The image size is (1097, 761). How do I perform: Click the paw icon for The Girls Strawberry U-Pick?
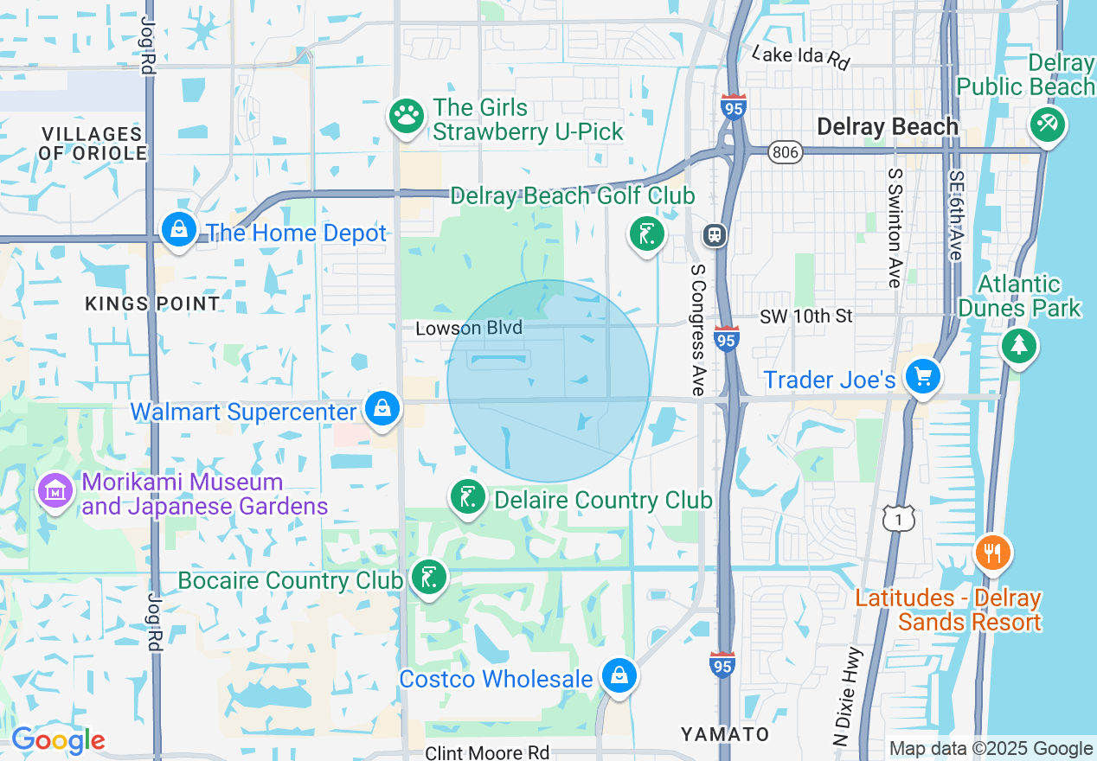(x=406, y=116)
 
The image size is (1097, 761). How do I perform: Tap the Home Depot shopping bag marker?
(x=178, y=230)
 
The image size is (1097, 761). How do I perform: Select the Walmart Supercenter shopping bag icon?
(x=382, y=407)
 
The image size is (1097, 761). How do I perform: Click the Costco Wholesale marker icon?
(x=619, y=675)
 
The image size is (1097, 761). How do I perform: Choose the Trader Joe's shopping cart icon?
(x=922, y=377)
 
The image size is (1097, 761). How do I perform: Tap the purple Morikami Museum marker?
(x=55, y=491)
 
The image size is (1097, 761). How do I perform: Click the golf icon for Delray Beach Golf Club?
(x=646, y=233)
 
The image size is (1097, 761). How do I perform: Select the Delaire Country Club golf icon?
(x=468, y=497)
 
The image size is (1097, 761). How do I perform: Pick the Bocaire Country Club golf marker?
(x=428, y=576)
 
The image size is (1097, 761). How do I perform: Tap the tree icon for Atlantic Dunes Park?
(x=1019, y=346)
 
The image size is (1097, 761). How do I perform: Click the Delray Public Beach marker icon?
(x=1047, y=125)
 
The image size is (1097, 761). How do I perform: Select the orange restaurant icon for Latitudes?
(x=992, y=552)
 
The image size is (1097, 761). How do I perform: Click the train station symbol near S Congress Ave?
(x=715, y=235)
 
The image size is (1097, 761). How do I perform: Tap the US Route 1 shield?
(x=898, y=518)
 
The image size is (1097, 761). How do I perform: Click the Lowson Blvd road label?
(x=469, y=329)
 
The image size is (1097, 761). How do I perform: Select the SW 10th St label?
(x=806, y=317)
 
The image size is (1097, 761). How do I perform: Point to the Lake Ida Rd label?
(x=801, y=57)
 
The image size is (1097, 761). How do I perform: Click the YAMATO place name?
(x=725, y=734)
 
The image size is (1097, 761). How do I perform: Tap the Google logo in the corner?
(x=58, y=740)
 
